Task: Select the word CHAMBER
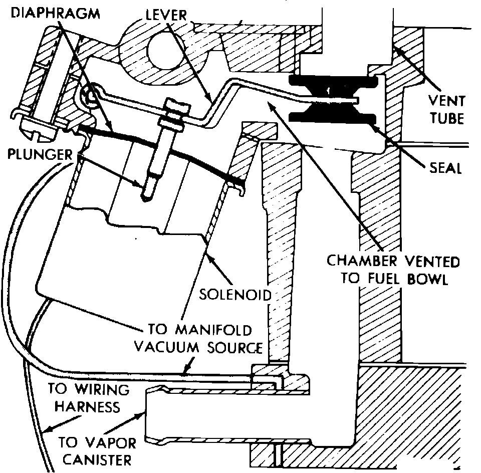356,261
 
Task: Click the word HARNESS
87,406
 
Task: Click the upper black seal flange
333,81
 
